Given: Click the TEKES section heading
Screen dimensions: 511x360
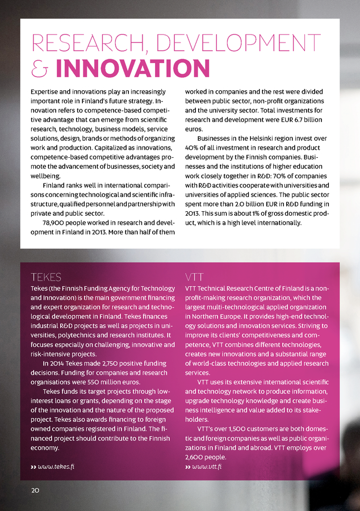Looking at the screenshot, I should (46, 277).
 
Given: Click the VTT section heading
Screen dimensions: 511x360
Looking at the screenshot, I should (195, 277).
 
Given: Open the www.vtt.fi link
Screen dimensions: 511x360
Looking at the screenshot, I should (207, 466).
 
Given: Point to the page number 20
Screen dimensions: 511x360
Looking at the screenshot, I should (35, 489).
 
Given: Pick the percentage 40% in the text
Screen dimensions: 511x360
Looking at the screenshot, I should (194, 148).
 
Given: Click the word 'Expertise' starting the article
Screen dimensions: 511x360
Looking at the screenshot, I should (47, 91).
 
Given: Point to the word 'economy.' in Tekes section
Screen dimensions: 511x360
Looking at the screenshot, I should (45, 447).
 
